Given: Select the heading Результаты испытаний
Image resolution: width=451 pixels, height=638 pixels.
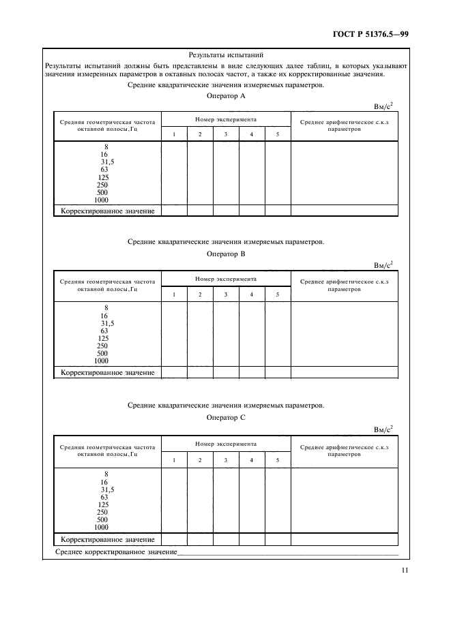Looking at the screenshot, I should click(x=225, y=55).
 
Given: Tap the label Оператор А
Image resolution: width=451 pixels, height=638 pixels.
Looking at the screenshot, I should click(x=225, y=96).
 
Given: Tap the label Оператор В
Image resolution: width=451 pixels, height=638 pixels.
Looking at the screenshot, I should click(x=225, y=254).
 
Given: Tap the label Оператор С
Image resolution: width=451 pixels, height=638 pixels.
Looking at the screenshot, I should click(x=225, y=416).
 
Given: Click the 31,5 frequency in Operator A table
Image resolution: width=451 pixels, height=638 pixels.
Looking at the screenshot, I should click(x=107, y=162).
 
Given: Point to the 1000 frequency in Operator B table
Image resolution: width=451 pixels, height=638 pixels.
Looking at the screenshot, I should click(x=102, y=361).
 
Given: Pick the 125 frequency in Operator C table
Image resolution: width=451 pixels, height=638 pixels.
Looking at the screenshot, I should click(x=104, y=504).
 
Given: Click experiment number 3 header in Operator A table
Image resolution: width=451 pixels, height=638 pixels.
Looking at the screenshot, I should click(x=226, y=134).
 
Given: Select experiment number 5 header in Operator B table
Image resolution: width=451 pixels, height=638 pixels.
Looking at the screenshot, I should click(x=278, y=294).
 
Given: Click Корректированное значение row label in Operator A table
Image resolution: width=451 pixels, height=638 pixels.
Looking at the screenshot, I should click(x=108, y=211).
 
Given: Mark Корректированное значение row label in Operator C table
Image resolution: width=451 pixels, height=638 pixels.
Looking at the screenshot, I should click(x=108, y=539).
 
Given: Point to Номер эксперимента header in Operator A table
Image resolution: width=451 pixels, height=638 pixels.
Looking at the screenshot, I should click(x=226, y=119).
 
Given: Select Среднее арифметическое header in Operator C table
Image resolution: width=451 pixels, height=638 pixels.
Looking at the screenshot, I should click(x=344, y=451).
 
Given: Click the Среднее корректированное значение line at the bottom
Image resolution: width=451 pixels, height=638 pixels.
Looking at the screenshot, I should click(x=116, y=551).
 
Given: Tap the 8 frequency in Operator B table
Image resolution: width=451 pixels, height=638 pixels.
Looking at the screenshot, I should click(x=106, y=307).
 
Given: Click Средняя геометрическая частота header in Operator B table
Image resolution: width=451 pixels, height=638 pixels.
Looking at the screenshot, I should click(x=108, y=285).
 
